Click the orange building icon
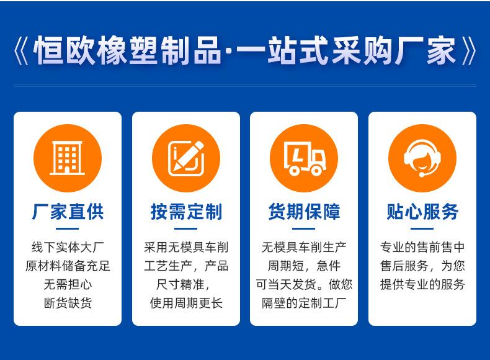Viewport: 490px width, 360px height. pos(68,158)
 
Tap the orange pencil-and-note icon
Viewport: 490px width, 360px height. pos(186,158)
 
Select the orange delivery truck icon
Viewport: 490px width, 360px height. pos(304,158)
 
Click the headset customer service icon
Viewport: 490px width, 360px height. pos(422,158)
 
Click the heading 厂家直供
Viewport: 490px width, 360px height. pos(68,212)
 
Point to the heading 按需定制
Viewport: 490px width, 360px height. pos(186,212)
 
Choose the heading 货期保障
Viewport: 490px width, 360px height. pos(304,212)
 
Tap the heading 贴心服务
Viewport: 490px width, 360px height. pos(422,212)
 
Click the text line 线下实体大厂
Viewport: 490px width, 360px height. pos(68,248)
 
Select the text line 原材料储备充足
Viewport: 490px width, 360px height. pos(68,266)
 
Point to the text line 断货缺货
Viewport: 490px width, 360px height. pos(68,303)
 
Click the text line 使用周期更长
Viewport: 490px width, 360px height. pos(186,303)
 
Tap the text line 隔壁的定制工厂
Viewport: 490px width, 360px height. pos(304,303)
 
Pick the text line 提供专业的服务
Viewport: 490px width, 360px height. pos(422,284)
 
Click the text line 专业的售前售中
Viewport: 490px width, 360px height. pos(422,248)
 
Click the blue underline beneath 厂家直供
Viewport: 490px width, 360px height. pos(67,228)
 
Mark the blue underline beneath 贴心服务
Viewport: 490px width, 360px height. pos(422,228)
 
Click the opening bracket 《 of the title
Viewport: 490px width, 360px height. pos(21,51)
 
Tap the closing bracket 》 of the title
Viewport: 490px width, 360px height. pos(469,51)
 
